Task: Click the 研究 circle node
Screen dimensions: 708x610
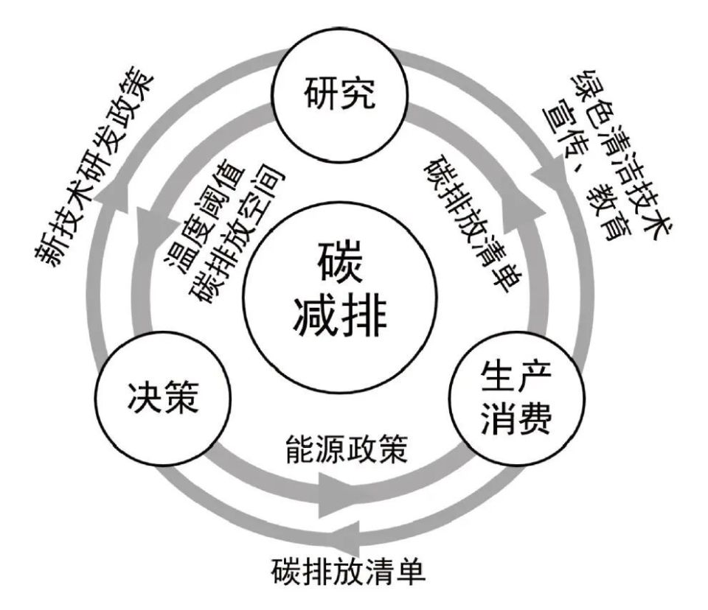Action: (x=339, y=95)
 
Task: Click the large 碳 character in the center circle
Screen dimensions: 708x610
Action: (x=339, y=262)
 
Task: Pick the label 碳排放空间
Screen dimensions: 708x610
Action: (x=236, y=234)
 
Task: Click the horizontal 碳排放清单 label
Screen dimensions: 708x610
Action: (x=348, y=572)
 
